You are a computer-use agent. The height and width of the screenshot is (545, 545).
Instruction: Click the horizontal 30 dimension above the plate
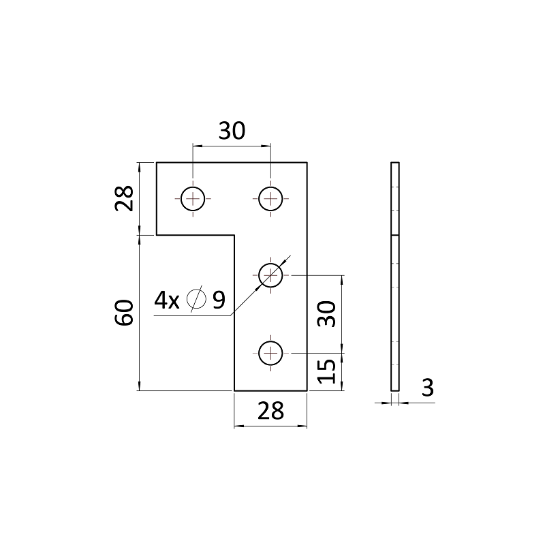click(x=232, y=131)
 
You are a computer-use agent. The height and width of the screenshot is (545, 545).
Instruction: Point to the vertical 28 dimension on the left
click(x=124, y=198)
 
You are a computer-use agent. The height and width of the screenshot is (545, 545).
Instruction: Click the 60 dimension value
click(x=124, y=313)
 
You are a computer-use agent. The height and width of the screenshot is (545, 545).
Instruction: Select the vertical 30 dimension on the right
click(x=327, y=314)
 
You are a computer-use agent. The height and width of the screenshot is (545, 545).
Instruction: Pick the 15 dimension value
click(x=327, y=371)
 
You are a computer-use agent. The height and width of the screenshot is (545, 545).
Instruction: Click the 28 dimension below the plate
click(x=270, y=411)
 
